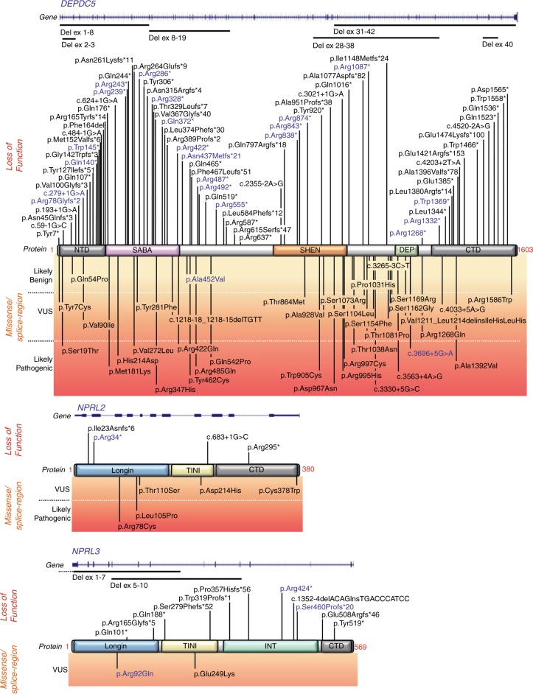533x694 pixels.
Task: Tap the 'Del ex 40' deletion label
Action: tap(498, 43)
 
